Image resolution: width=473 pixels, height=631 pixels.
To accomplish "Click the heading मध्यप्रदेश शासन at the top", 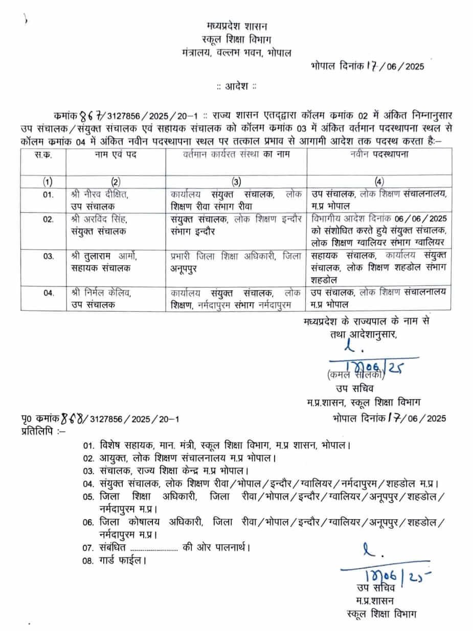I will click(237, 25).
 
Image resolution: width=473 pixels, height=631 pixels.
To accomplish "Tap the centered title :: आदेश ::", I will click(236, 86).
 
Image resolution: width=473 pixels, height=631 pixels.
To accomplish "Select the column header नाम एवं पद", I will click(115, 154).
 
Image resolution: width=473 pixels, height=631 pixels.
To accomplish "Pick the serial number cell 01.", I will click(48, 195).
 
